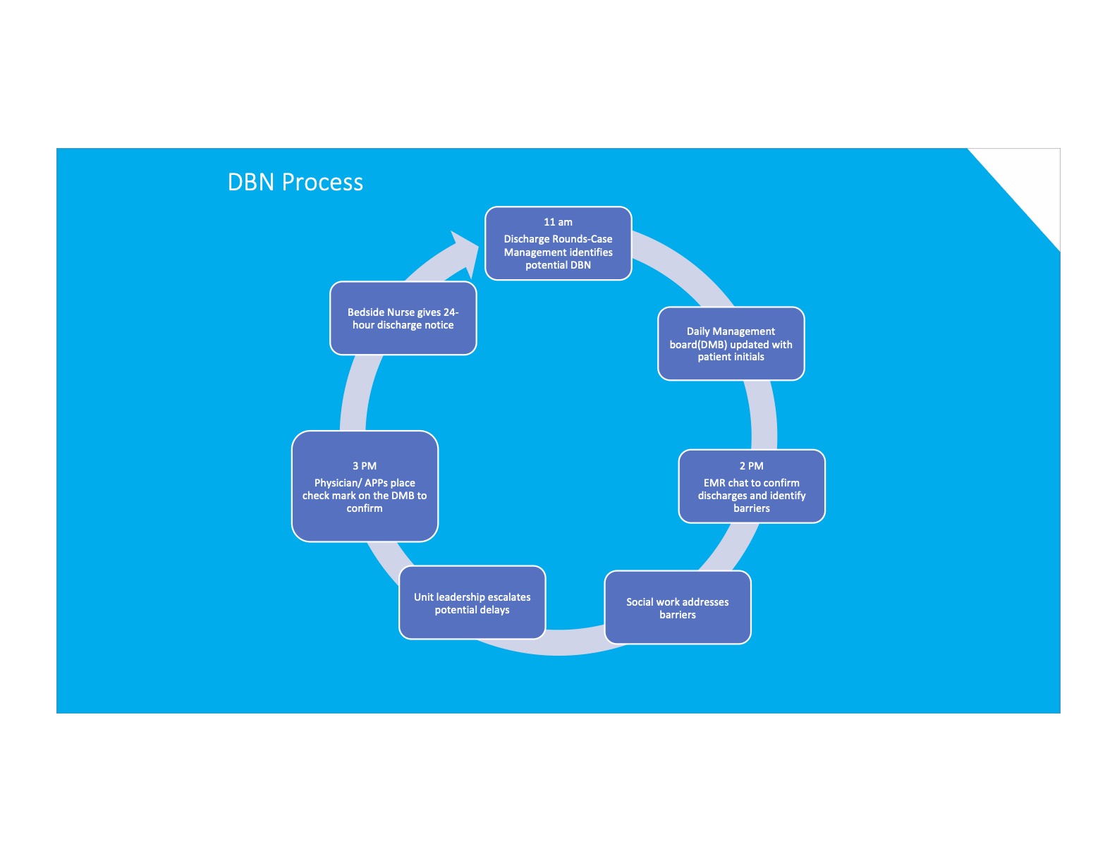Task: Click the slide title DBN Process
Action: [x=295, y=183]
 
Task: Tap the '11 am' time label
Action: [x=558, y=222]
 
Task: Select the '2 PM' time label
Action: [x=751, y=466]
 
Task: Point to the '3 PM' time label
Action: [x=365, y=466]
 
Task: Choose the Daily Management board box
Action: [x=731, y=344]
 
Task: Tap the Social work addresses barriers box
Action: [x=677, y=608]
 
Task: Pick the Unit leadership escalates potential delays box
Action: [x=472, y=603]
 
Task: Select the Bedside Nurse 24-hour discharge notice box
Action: [x=403, y=319]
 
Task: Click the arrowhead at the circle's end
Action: [x=465, y=251]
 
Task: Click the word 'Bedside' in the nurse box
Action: [x=365, y=312]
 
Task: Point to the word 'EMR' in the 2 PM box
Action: [x=714, y=483]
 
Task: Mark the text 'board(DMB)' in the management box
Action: [x=698, y=345]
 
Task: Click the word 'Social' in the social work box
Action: [x=640, y=602]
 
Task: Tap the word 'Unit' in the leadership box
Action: [x=423, y=597]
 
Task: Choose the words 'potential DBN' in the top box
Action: [x=558, y=265]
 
